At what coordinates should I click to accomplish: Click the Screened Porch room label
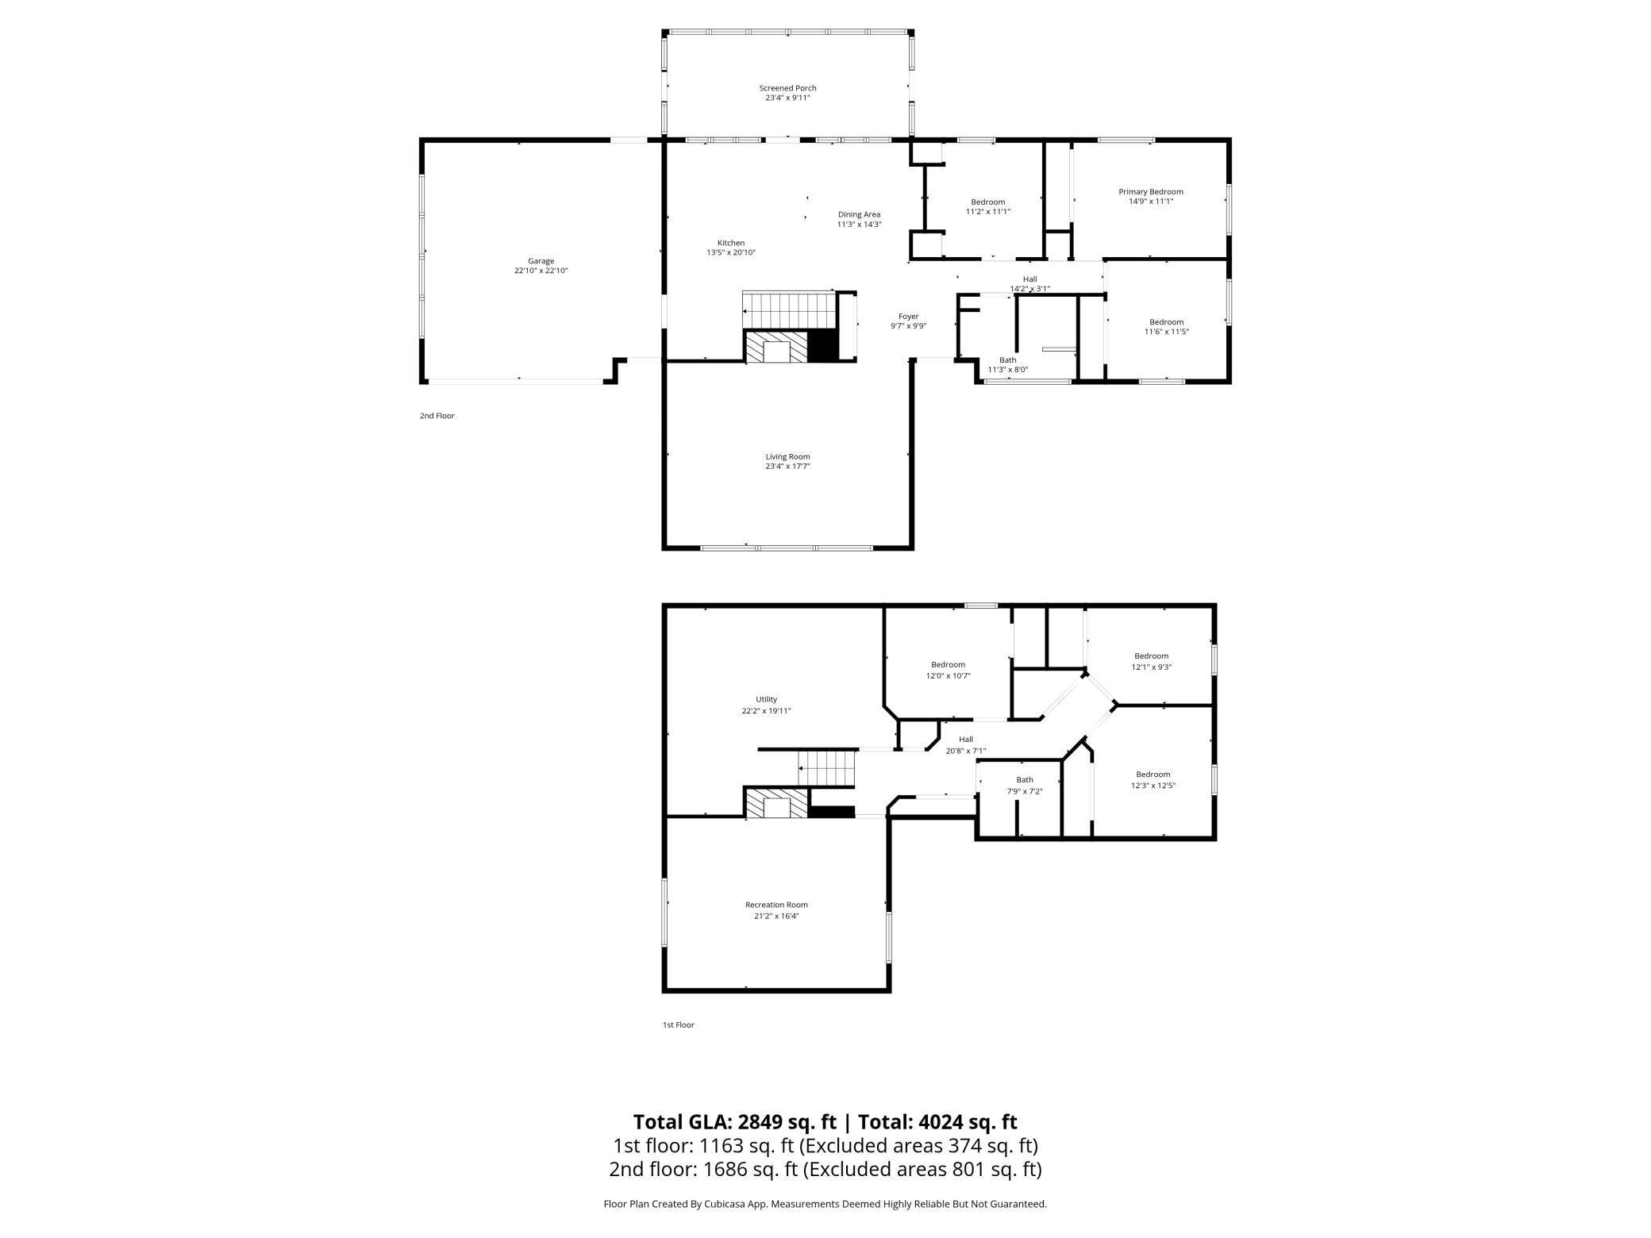[x=787, y=88]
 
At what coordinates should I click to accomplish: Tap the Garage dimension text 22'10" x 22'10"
[x=541, y=271]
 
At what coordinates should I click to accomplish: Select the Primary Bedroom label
[x=1150, y=191]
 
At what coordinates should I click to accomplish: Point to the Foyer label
[x=908, y=316]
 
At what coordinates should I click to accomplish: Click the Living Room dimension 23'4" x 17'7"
[x=787, y=466]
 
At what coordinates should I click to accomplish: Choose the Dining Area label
[x=859, y=214]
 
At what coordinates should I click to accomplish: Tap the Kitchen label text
[x=730, y=243]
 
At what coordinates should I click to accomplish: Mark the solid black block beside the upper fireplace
[x=822, y=346]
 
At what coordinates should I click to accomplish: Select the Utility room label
[x=766, y=699]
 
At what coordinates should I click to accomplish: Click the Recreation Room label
[x=776, y=905]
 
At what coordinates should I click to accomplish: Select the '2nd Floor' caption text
[x=437, y=416]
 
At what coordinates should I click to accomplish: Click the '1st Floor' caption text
[x=678, y=1025]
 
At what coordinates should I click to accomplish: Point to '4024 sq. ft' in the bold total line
[x=967, y=1121]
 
